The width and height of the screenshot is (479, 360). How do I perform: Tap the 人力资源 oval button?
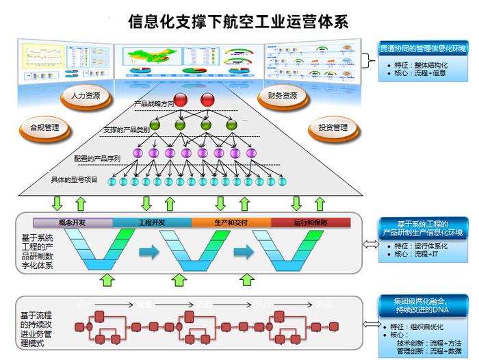tap(85, 96)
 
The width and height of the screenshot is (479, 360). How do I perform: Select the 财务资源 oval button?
tap(282, 96)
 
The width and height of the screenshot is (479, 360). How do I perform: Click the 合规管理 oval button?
tap(44, 127)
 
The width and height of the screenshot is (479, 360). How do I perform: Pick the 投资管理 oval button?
tap(333, 127)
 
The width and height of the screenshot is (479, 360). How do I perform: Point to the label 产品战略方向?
tap(149, 103)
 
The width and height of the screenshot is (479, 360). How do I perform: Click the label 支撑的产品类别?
tap(127, 129)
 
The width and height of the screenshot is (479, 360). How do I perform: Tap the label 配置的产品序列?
tap(97, 158)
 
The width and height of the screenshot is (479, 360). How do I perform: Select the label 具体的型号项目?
tap(74, 180)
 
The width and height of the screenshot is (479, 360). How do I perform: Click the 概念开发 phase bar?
tap(73, 222)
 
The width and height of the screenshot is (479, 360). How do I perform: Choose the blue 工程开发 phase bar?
tap(152, 222)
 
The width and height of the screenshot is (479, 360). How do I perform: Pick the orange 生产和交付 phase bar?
tap(231, 222)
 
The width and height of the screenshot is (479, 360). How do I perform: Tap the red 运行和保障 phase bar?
tap(311, 222)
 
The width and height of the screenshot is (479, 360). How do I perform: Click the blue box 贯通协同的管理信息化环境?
tap(423, 49)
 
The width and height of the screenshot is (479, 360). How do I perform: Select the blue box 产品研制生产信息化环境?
tap(423, 229)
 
